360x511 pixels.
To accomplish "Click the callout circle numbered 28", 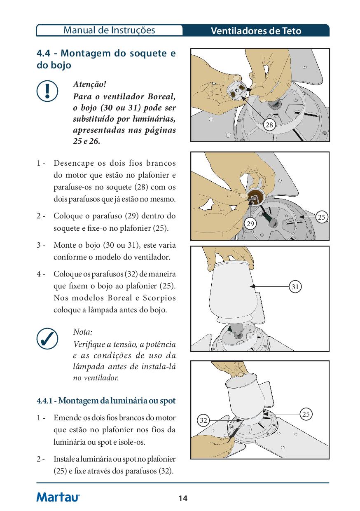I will pos(269,125).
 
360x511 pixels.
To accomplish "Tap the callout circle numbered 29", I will pos(250,223).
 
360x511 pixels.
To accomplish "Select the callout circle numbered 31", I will pos(295,286).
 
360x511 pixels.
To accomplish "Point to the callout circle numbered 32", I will pos(203,420).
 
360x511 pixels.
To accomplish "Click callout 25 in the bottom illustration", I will pos(306,414).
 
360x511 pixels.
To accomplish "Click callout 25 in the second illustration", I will pos(322,217).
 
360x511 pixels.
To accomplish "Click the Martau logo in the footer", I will pos(58,497).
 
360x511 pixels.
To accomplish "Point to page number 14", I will pos(183,499).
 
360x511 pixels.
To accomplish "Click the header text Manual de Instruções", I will pos(110,30).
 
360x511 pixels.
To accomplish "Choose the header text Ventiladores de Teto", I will pos(256,31).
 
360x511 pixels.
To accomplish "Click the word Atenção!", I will pos(89,84).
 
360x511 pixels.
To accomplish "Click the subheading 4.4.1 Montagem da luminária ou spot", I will pos(106,401).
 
